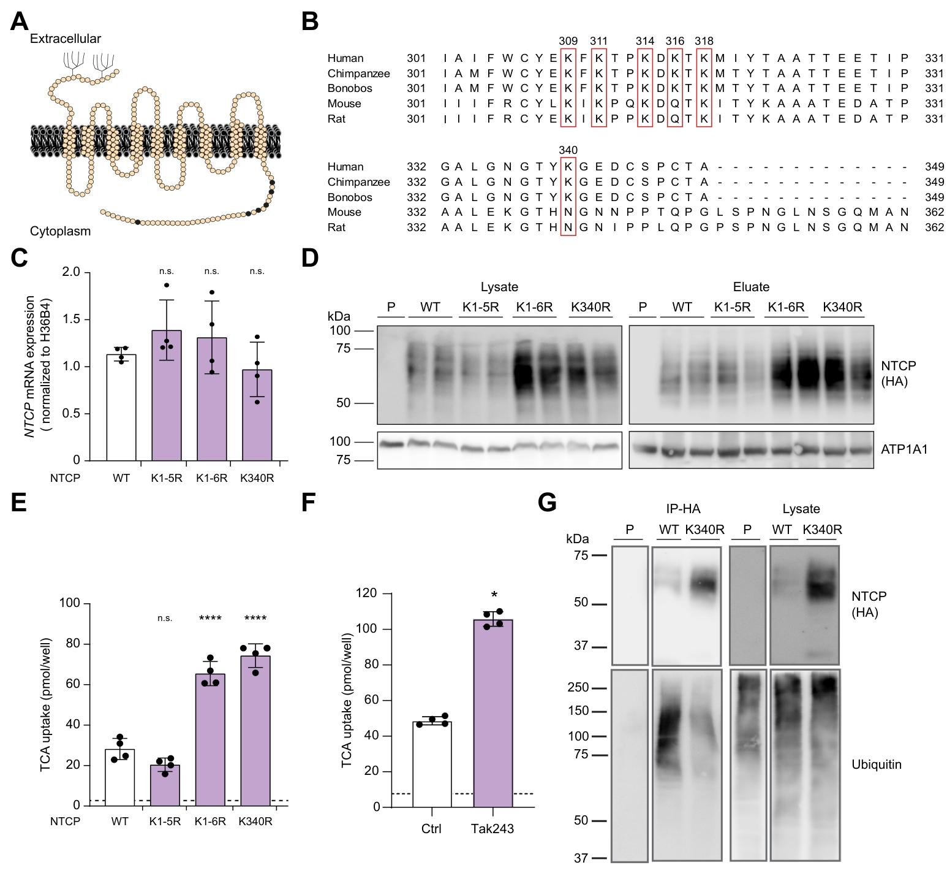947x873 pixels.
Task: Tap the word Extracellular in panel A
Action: [65, 39]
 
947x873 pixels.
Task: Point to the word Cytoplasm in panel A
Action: [60, 231]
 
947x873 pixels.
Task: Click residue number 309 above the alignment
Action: [568, 41]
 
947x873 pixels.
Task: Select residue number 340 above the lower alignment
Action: [568, 150]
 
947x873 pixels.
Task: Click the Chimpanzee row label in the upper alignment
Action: [358, 74]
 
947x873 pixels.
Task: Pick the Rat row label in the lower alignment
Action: [336, 227]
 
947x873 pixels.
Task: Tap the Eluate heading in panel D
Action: [751, 287]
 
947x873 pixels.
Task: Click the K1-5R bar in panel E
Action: [165, 785]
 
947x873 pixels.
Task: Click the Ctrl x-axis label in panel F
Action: [431, 829]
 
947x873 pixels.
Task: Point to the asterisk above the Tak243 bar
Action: [494, 595]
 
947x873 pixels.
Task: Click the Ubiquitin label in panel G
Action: [876, 764]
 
